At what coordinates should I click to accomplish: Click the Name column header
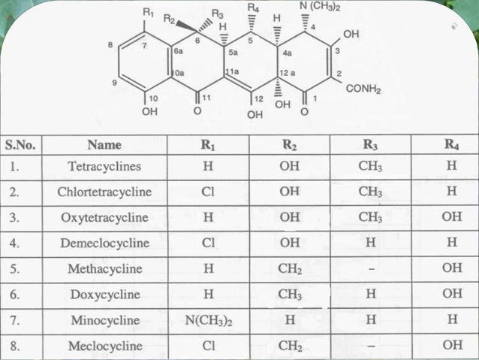104,144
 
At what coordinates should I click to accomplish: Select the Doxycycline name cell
104,295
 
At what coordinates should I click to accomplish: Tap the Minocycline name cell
104,320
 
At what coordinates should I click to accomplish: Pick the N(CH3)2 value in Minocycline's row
208,320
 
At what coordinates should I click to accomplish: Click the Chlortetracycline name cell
104,192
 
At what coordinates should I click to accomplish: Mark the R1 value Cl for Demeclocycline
208,243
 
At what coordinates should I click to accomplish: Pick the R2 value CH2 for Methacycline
290,269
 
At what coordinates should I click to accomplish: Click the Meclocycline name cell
104,346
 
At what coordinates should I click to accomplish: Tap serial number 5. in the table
16,269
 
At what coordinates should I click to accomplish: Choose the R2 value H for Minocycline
290,320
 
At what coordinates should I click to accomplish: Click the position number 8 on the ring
111,45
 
